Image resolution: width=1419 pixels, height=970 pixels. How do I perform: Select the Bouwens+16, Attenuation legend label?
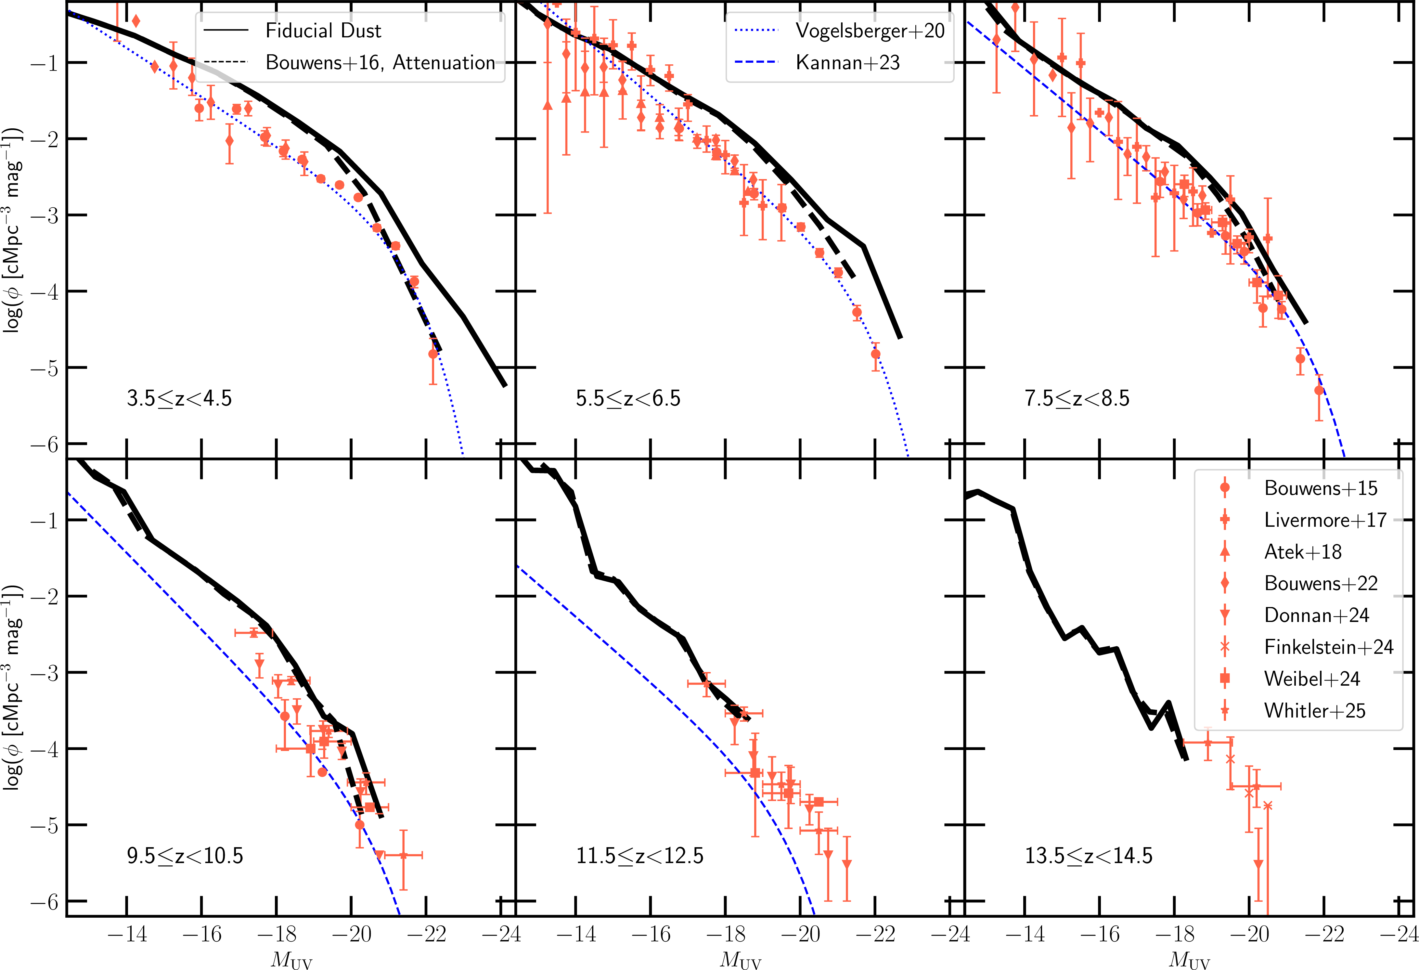coord(380,62)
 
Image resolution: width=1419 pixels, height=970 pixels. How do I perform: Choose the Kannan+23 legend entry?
coord(847,62)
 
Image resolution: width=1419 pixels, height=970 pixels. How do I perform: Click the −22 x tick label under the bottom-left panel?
coord(426,934)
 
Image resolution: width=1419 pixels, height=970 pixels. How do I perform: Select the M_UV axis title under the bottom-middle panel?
coord(741,960)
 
